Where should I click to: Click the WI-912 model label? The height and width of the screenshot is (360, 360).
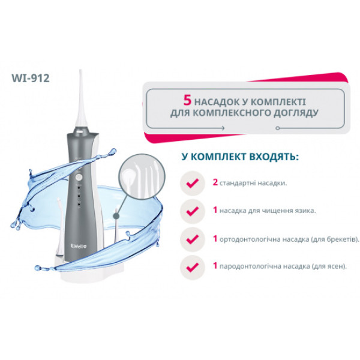coord(31,78)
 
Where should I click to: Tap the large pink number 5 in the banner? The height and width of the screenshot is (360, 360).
coord(187,101)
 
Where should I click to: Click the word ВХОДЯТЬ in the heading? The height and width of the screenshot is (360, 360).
coord(274,157)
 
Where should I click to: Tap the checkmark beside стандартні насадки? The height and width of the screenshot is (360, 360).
coord(193,183)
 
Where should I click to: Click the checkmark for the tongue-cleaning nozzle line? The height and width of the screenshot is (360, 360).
coord(193,211)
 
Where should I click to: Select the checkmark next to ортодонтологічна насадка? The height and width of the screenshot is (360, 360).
coord(193,239)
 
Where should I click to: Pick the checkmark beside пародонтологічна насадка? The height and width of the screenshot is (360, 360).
coord(193,267)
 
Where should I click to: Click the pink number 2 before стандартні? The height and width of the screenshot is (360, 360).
coord(215,182)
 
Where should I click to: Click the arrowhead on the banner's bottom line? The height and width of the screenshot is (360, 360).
coord(223,128)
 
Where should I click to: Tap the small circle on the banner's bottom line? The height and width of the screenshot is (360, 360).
coord(278,128)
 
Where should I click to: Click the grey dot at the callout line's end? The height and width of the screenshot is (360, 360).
coord(116,215)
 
